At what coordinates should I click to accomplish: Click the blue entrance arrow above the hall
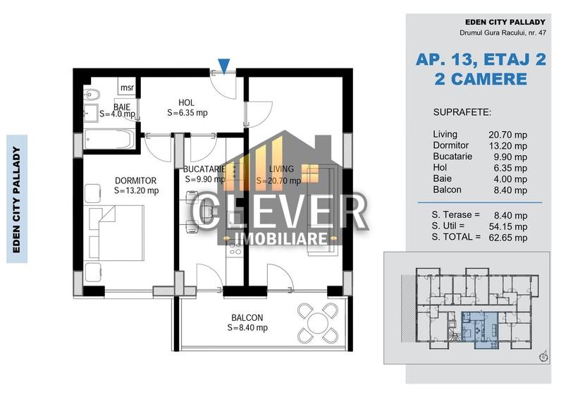click(x=224, y=66)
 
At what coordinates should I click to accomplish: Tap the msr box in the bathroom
click(x=127, y=87)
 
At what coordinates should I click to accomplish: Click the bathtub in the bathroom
click(x=110, y=139)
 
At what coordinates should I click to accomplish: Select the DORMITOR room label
click(x=135, y=181)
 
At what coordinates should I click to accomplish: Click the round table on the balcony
click(x=318, y=323)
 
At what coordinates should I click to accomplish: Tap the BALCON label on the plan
click(x=247, y=317)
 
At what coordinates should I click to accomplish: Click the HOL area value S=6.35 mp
click(x=187, y=113)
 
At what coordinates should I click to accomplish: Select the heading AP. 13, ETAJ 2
click(x=481, y=59)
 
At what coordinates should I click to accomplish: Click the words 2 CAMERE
click(x=481, y=79)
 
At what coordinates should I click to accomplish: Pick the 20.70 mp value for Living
click(x=508, y=135)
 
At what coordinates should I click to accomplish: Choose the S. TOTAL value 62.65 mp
click(x=508, y=238)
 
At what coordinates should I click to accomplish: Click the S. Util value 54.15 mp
click(x=508, y=226)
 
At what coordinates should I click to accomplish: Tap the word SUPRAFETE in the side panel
click(x=462, y=112)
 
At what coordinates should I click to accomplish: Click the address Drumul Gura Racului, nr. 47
click(x=503, y=32)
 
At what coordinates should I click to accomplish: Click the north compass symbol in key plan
click(x=544, y=357)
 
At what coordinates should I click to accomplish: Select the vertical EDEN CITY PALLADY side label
click(x=16, y=200)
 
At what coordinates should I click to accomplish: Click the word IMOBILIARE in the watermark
click(x=281, y=238)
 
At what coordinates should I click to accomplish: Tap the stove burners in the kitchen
click(x=235, y=249)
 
